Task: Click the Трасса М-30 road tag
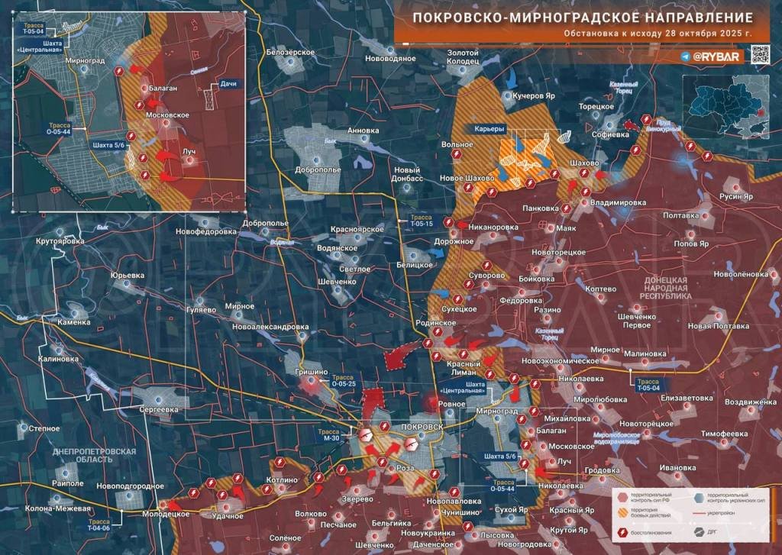click(x=331, y=434)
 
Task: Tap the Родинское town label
click(x=435, y=323)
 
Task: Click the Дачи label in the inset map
click(x=227, y=83)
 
